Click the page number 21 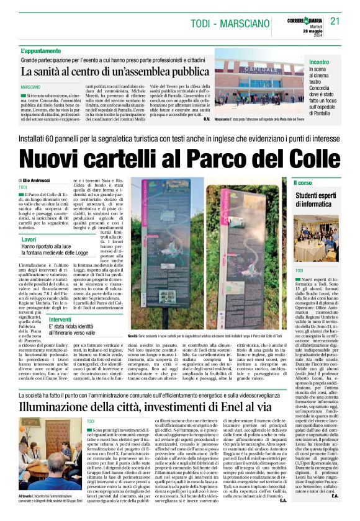pos(335,20)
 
